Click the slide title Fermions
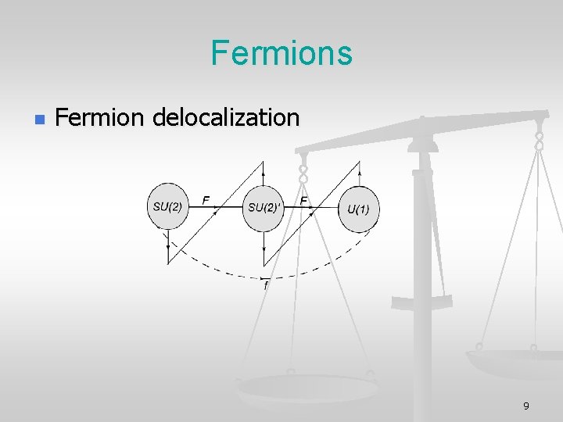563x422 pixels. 281,53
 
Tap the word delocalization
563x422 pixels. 226,118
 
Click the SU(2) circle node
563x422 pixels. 167,207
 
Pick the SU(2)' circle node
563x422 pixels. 264,208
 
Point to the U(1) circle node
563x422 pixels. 358,209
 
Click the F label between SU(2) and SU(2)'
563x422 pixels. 206,200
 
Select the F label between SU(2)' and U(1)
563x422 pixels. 303,200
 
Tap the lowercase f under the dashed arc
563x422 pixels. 264,287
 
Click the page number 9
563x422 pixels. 525,406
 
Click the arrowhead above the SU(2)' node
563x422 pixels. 264,174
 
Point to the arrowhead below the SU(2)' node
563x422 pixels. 264,243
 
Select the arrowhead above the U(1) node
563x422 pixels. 358,174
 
